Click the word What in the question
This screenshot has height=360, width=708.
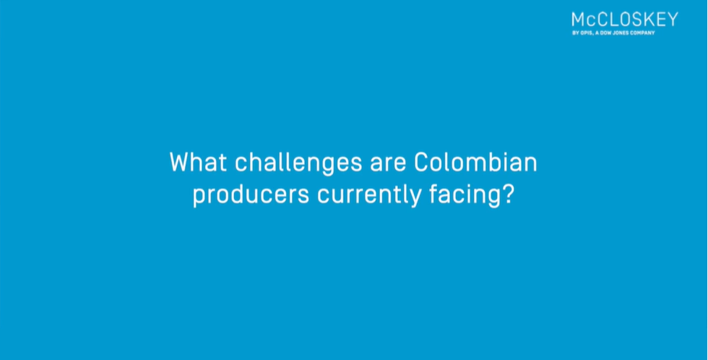click(x=198, y=162)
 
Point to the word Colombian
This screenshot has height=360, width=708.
click(x=476, y=162)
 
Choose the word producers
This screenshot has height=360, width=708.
click(x=251, y=196)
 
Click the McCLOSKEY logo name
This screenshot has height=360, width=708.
click(x=625, y=20)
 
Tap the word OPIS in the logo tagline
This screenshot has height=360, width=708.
click(x=587, y=33)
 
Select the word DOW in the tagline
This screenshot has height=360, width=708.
click(x=606, y=33)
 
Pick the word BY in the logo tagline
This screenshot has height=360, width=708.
click(x=576, y=33)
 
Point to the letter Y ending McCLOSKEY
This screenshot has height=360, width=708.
click(x=673, y=20)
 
